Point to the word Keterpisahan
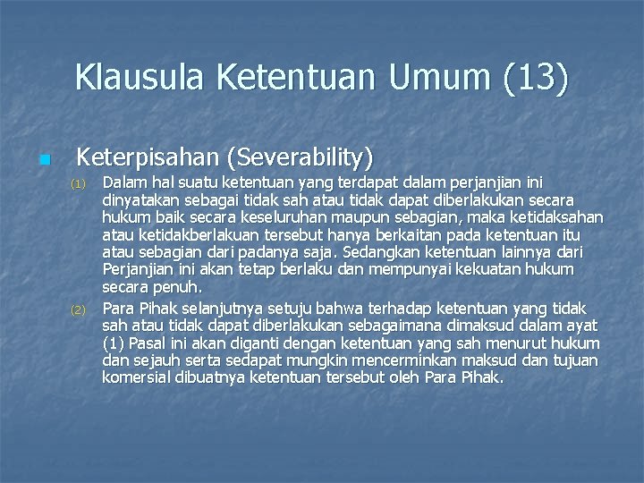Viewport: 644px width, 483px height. (147, 158)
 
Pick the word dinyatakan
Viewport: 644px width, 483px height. (140, 199)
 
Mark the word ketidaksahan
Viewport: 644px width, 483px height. (556, 217)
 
